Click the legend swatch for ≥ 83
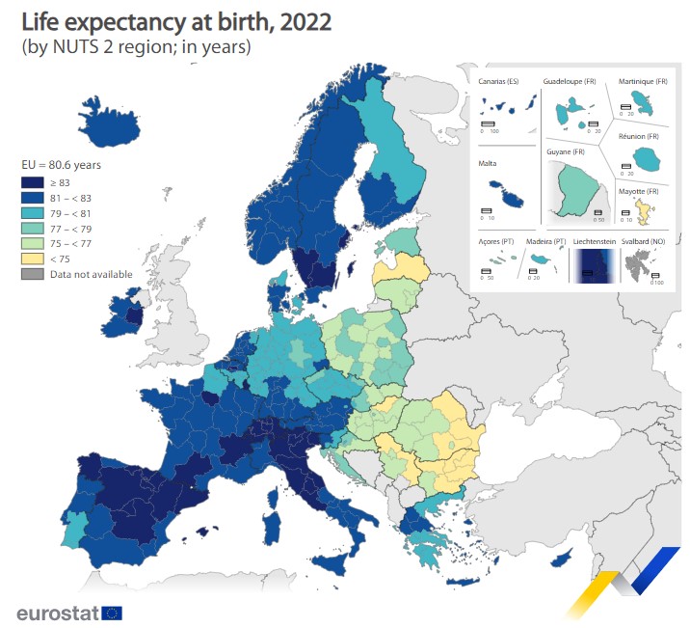pos(32,181)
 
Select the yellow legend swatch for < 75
pos(32,259)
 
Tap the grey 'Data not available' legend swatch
pos(32,274)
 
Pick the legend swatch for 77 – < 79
pos(32,228)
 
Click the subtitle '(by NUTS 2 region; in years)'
pos(136,47)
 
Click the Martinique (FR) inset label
pos(642,81)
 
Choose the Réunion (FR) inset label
pos(639,138)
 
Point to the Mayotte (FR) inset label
pos(638,192)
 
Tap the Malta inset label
pos(488,164)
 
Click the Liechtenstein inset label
pos(595,240)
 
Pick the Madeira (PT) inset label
pos(545,240)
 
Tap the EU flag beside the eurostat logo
pos(112,612)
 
